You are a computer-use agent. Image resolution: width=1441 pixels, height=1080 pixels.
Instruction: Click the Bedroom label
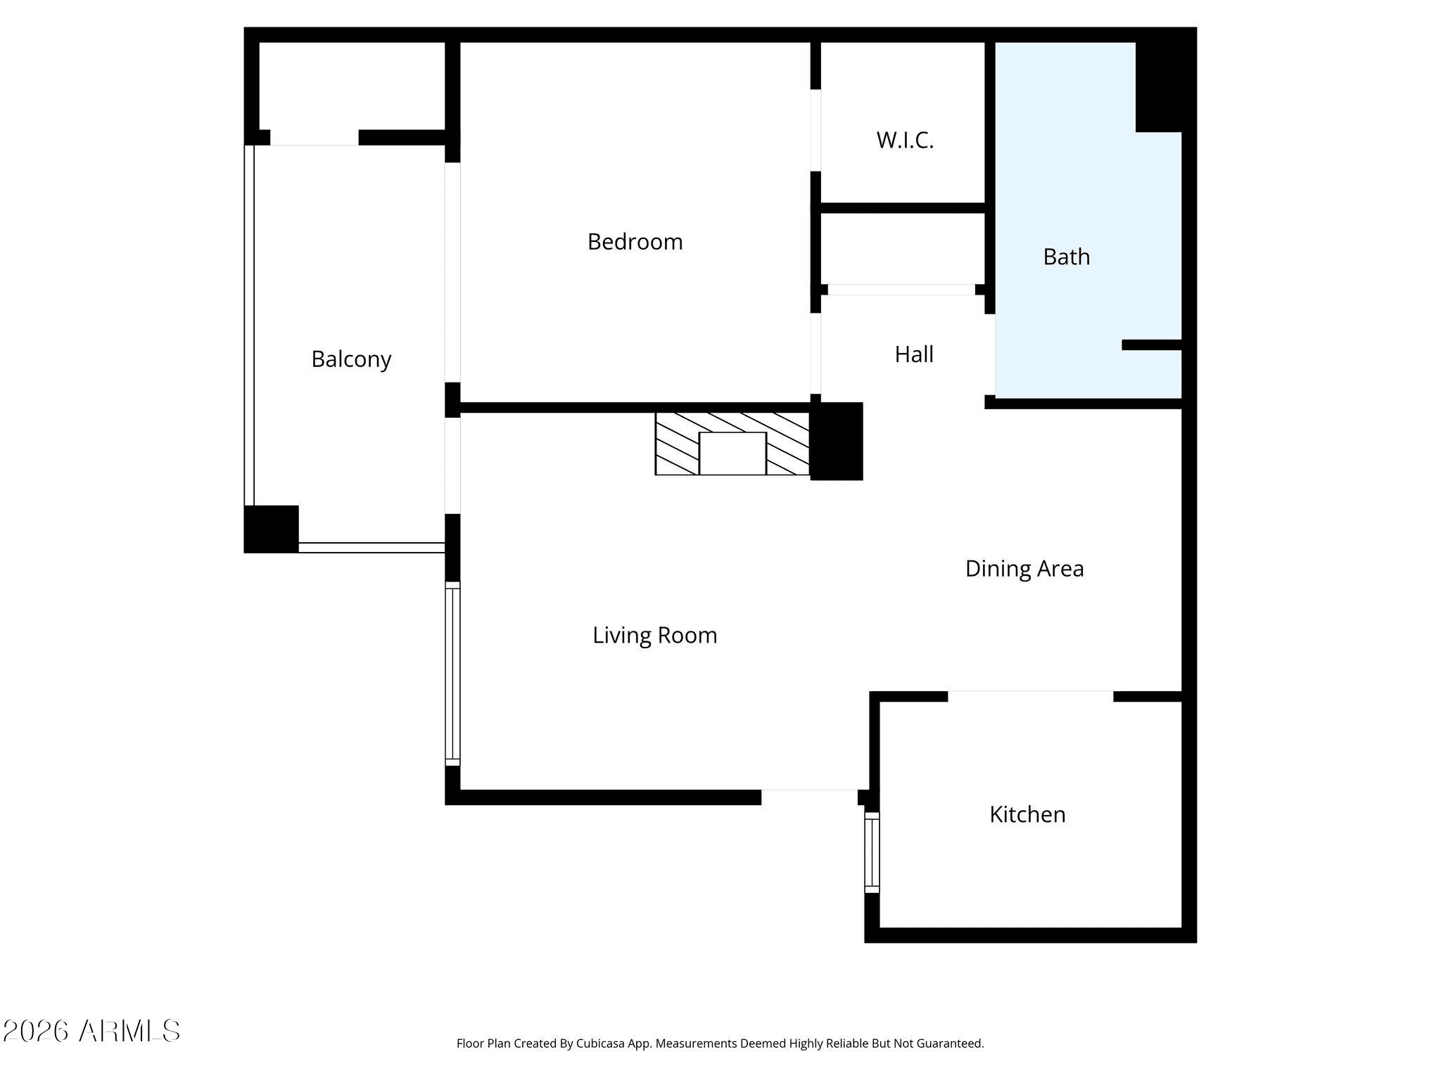(635, 242)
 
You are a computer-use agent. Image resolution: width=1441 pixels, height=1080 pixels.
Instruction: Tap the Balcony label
(351, 359)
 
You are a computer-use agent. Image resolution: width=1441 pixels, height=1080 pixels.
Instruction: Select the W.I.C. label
(905, 141)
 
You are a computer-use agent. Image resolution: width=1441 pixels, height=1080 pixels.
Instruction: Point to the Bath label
(1066, 257)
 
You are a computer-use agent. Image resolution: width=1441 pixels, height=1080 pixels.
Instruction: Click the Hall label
(914, 354)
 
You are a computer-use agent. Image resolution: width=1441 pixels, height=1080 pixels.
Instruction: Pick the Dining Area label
(1024, 569)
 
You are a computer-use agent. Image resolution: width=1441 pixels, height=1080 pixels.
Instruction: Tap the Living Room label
(654, 636)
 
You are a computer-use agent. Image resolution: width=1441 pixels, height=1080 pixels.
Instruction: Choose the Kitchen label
(1027, 814)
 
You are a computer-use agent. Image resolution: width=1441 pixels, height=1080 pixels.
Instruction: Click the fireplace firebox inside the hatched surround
(732, 454)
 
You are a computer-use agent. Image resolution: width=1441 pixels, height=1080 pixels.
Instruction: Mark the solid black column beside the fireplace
(837, 442)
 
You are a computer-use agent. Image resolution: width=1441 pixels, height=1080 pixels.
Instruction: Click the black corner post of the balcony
(271, 529)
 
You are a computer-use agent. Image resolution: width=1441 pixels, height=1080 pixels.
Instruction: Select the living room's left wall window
(453, 674)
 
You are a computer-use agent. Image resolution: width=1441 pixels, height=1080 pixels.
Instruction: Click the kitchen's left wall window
(872, 853)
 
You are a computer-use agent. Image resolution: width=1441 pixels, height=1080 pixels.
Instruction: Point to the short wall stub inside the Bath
(1151, 345)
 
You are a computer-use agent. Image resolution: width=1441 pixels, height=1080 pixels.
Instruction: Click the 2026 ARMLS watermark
(91, 1031)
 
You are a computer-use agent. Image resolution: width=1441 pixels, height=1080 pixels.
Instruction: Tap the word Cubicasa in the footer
(602, 1044)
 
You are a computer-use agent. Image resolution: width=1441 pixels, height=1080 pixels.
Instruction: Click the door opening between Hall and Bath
(990, 354)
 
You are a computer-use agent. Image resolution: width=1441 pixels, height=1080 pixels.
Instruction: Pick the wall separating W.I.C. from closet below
(903, 208)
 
